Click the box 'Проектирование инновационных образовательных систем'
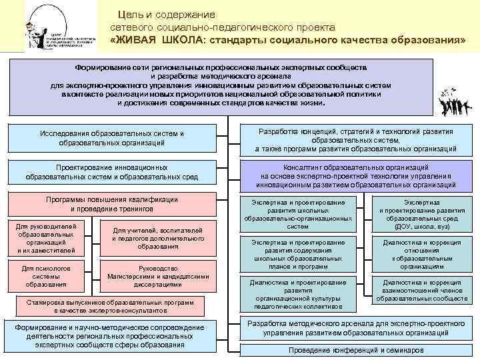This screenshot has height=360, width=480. click(x=111, y=172)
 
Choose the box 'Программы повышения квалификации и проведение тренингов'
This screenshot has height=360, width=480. click(x=111, y=204)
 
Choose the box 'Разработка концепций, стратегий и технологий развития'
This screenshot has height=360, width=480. click(x=355, y=140)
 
